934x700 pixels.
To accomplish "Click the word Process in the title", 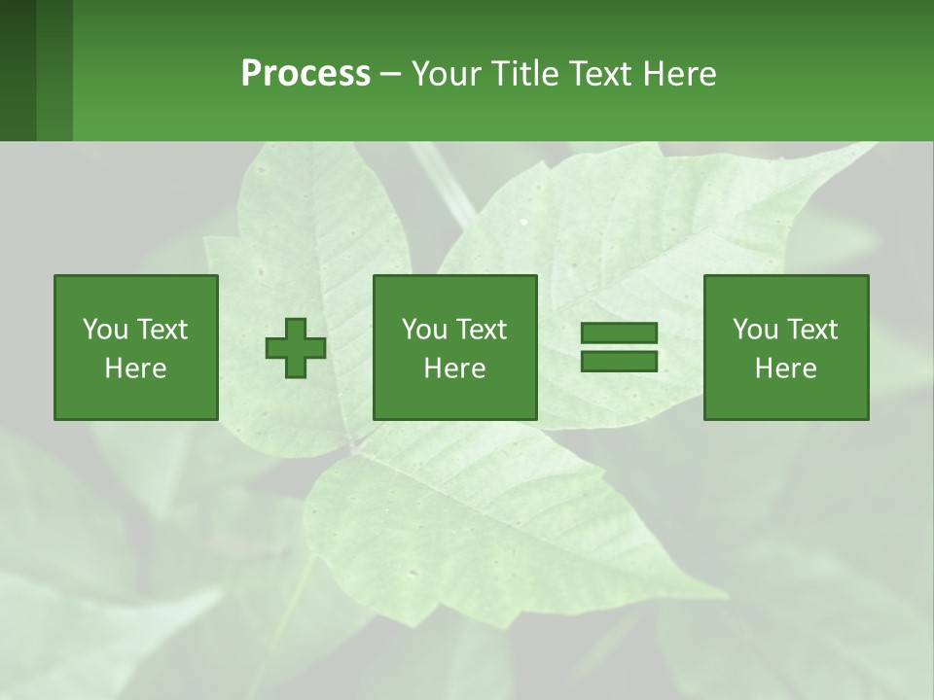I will click(x=305, y=74).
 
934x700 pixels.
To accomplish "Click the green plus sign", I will click(x=296, y=348).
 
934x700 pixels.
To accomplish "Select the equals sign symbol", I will click(x=619, y=347).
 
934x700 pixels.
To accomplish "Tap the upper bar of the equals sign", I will click(x=619, y=333).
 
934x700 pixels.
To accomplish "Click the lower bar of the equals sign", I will click(x=619, y=361).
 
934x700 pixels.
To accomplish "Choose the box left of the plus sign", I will click(x=136, y=347).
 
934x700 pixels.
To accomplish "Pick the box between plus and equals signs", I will click(x=454, y=347).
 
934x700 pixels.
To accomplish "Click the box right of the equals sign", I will click(x=785, y=347).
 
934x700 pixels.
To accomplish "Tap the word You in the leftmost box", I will click(x=105, y=330).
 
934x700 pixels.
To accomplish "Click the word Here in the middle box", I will click(x=454, y=368).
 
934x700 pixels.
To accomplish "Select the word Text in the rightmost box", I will click(x=810, y=330).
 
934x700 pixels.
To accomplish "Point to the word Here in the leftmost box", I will click(x=136, y=368).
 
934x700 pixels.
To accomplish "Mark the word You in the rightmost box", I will click(x=755, y=330).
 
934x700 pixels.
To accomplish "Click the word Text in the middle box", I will click(x=481, y=330).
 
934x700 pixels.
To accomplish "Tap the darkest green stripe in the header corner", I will click(x=18, y=70).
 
